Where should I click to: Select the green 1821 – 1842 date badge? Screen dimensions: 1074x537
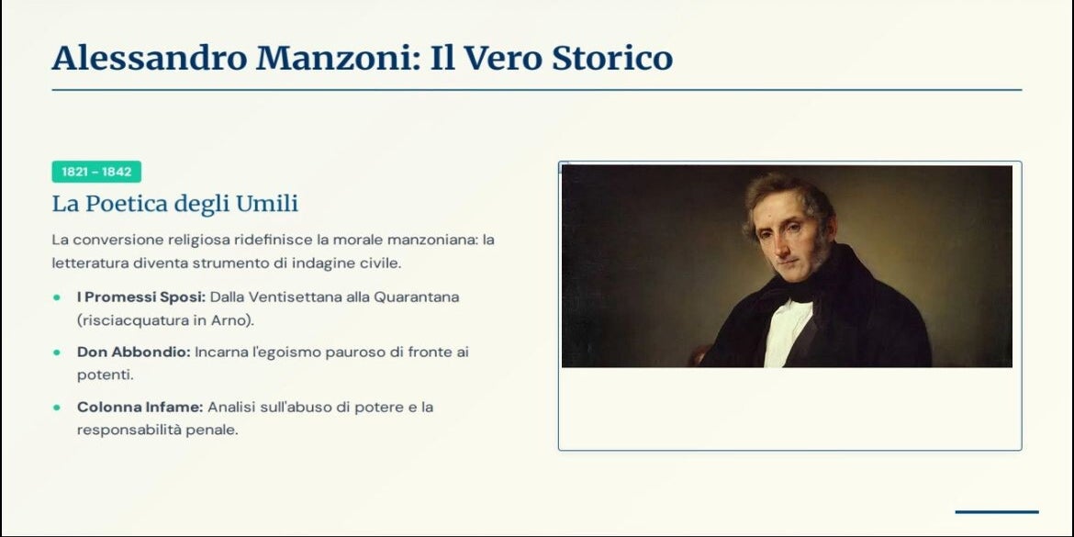tap(96, 172)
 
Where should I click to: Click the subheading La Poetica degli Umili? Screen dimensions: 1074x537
tap(175, 204)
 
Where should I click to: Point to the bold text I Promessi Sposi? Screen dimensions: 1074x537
tap(141, 297)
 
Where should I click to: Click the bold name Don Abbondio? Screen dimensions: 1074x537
tap(134, 352)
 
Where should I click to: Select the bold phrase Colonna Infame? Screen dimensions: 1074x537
tap(140, 407)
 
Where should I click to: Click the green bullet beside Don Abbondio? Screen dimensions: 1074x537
tap(57, 352)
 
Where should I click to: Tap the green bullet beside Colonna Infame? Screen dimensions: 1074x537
tap(57, 408)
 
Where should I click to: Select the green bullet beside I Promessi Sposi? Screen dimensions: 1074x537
tap(57, 298)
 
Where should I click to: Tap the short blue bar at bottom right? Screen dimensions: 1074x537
tap(997, 511)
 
